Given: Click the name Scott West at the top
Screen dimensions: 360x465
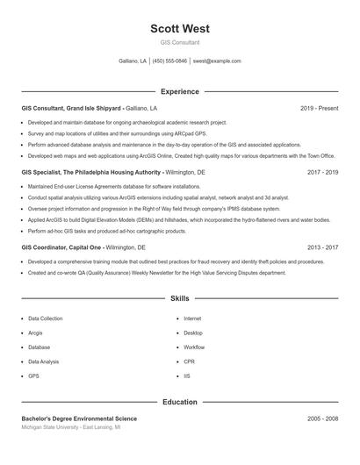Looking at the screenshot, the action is [x=180, y=29].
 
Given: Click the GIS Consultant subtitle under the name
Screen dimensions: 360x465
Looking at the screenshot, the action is [x=180, y=42].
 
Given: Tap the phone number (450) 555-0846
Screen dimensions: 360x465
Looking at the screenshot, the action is [x=170, y=61].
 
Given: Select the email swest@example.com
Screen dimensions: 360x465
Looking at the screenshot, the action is [x=217, y=61].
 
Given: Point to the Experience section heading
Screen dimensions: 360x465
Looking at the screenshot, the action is [x=180, y=91].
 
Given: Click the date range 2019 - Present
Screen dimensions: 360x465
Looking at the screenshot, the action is [x=319, y=108].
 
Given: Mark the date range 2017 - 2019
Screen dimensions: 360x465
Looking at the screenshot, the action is [x=322, y=173].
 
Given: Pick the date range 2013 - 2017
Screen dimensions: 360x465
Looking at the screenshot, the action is [x=322, y=248].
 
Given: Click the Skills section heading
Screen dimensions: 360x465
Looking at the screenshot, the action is [x=180, y=299].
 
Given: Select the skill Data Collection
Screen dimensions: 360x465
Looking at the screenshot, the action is [x=45, y=318].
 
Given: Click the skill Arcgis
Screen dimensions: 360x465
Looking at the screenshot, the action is [x=35, y=333].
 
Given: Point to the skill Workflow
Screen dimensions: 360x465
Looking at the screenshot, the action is [x=194, y=347].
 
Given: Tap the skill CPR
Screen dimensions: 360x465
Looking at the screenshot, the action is [x=189, y=361].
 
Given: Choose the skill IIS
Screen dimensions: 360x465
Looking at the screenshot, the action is [x=187, y=376].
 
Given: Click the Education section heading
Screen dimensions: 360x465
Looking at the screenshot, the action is [x=180, y=402].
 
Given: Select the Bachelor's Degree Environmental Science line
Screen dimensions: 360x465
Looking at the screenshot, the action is [x=79, y=419].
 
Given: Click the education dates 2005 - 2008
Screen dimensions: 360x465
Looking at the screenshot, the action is [x=322, y=419].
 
